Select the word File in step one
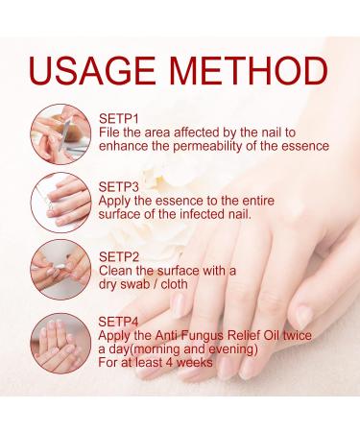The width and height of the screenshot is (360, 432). [x=110, y=131]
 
